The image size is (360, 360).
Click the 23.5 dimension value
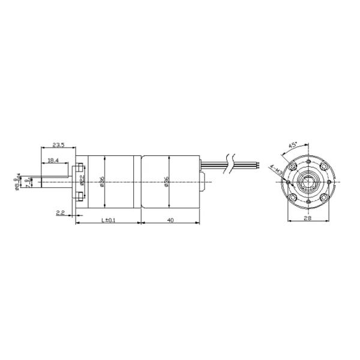pyautogui.click(x=58, y=145)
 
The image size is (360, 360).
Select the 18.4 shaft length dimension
pyautogui.click(x=53, y=160)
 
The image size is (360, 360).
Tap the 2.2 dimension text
pyautogui.click(x=60, y=213)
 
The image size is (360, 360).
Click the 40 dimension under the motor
pyautogui.click(x=171, y=221)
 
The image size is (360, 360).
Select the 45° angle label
pyautogui.click(x=294, y=145)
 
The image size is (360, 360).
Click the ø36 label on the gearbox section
pyautogui.click(x=103, y=182)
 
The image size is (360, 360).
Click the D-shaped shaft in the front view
pyautogui.click(x=307, y=182)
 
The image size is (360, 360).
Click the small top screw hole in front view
pyautogui.click(x=307, y=163)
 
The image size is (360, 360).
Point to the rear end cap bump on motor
pyautogui.click(x=203, y=180)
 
